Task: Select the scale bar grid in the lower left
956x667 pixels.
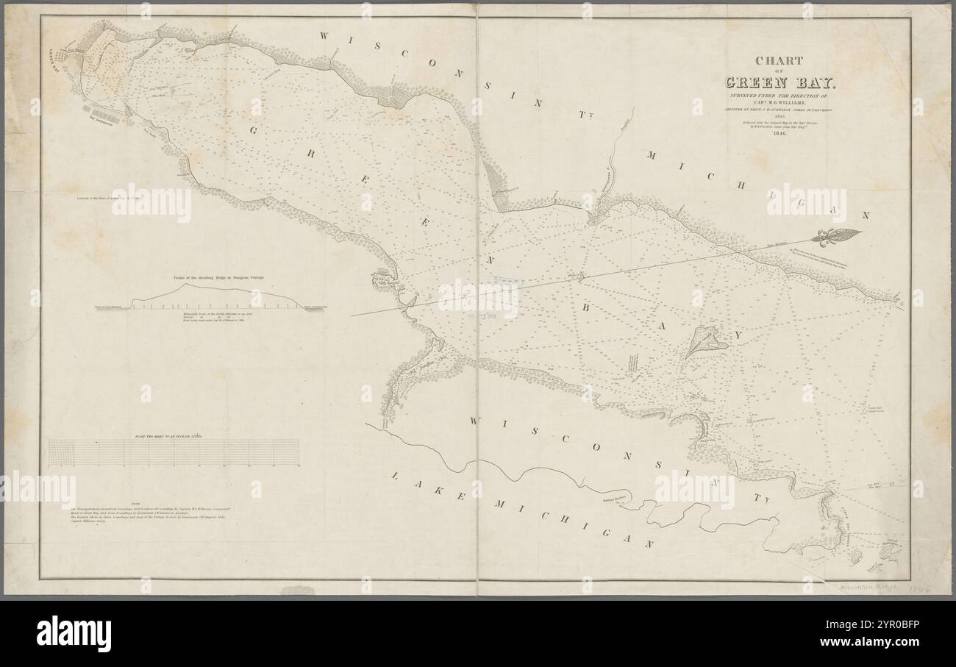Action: point(174,452)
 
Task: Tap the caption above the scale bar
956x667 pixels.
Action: point(175,436)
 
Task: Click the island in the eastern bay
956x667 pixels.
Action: point(706,340)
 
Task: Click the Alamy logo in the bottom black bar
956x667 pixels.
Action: point(74,633)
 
